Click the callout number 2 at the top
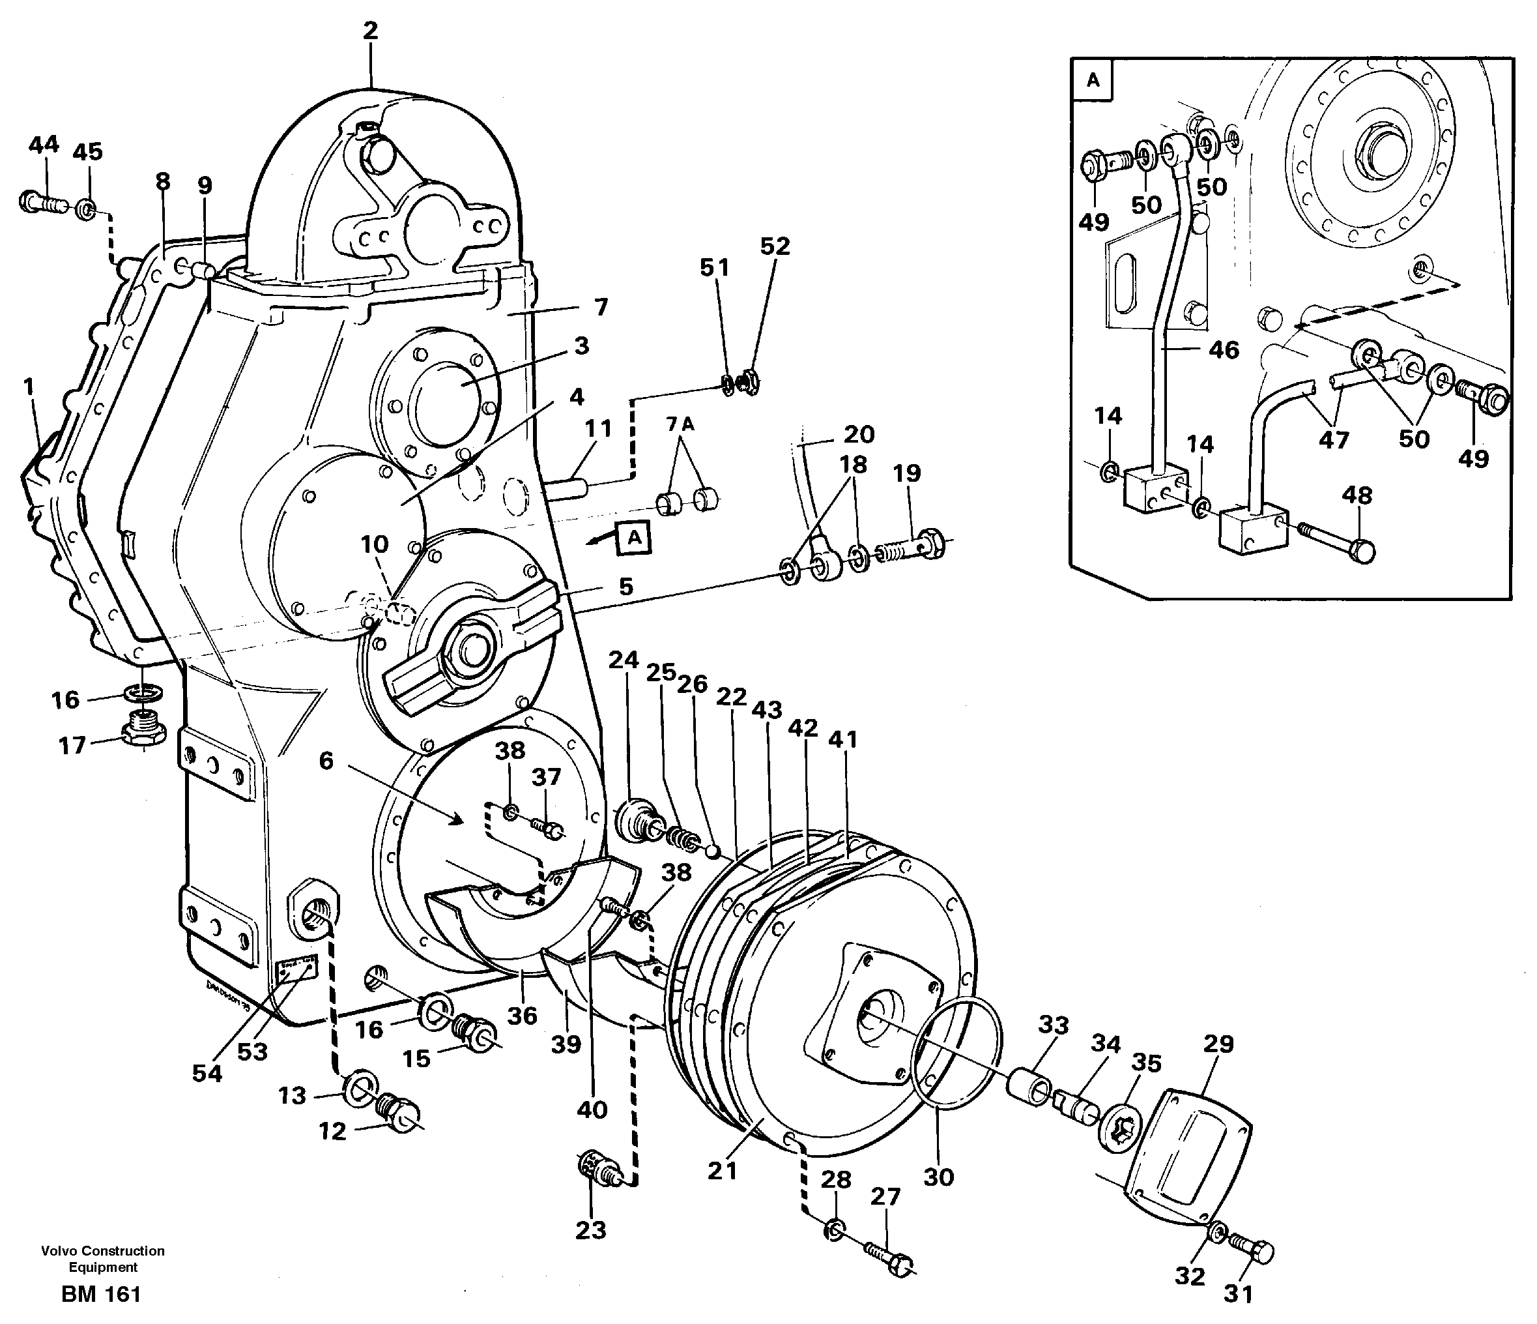370,31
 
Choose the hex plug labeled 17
139,730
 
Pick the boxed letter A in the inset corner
1093,80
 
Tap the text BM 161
101,1294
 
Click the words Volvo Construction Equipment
102,1259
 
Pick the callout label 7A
680,424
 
